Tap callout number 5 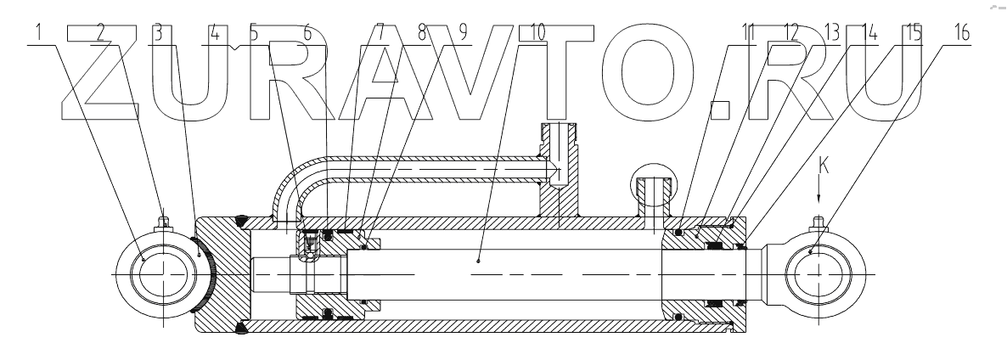tap(254, 32)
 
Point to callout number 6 tap(307, 32)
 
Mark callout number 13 tap(830, 32)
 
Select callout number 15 tap(913, 32)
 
